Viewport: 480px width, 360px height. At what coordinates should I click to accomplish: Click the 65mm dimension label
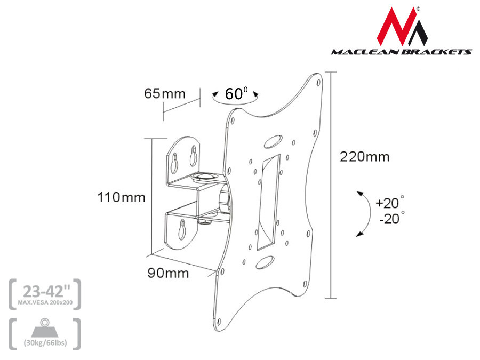coord(164,94)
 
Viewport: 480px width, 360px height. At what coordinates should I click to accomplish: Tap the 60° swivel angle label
coord(236,94)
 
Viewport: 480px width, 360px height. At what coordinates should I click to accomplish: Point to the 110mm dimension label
coord(121,197)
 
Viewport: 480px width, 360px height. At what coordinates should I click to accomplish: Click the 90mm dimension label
coord(168,273)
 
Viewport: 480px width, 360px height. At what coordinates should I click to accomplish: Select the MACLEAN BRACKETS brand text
coord(401,52)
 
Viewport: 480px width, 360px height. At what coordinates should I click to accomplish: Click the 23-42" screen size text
coord(45,291)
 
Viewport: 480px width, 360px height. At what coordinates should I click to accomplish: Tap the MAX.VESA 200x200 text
coord(45,302)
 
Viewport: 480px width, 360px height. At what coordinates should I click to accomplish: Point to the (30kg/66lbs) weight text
coord(45,342)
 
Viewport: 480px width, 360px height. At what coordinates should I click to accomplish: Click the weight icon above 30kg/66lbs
coord(45,327)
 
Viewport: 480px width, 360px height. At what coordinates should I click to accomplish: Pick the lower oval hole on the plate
coord(262,262)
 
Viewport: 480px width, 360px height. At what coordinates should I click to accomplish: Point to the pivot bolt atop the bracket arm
coord(205,175)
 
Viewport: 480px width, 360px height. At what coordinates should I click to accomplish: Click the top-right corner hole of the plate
coord(318,83)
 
